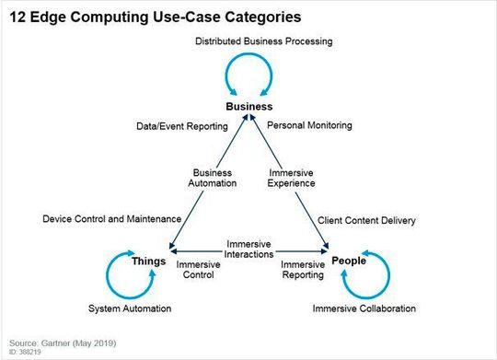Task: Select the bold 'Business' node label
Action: tap(249, 106)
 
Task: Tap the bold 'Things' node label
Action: tap(148, 261)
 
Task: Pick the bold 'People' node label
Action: tap(349, 261)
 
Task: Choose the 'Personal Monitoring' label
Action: tap(308, 124)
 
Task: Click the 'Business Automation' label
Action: tap(214, 178)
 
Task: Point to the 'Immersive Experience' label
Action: tap(292, 178)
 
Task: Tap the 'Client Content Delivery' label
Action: tap(366, 220)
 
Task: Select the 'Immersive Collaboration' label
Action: tap(364, 308)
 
